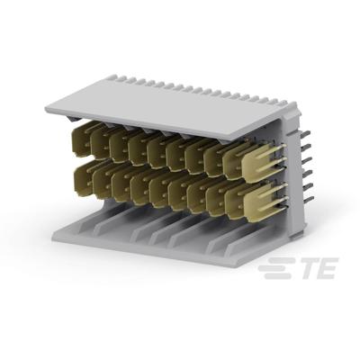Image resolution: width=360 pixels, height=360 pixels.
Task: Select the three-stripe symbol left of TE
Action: (270, 269)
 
